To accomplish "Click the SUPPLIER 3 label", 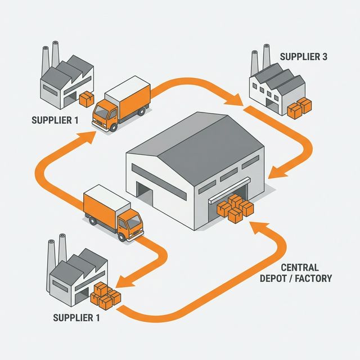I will (x=304, y=57).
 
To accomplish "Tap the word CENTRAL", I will (x=299, y=267).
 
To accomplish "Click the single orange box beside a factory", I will (x=87, y=100).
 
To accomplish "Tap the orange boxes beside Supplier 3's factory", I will (x=299, y=107).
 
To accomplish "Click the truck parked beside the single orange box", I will (x=121, y=105).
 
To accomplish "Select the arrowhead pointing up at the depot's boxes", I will (x=256, y=226).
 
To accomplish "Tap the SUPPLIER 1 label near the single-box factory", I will (x=55, y=119).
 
